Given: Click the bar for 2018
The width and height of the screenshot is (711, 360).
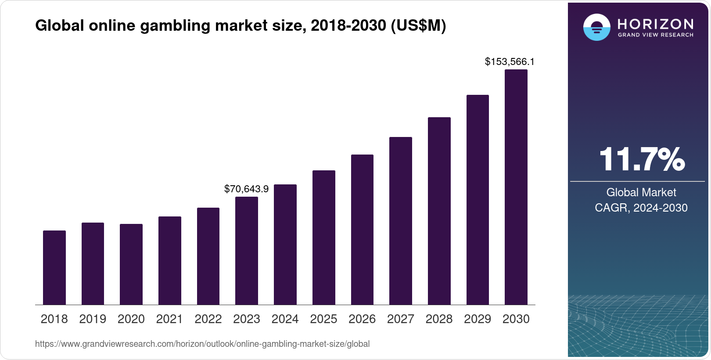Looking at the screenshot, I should tap(54, 267).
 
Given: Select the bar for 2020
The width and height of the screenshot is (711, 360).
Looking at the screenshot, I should tap(131, 264).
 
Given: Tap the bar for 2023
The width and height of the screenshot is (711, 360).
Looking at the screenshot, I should tap(247, 251).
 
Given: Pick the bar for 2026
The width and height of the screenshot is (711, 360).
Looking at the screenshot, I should tap(362, 230).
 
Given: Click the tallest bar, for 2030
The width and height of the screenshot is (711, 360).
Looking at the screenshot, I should tap(516, 187).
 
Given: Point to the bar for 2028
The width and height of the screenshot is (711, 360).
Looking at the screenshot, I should tap(439, 211).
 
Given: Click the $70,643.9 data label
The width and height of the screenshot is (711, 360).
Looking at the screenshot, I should tap(246, 189).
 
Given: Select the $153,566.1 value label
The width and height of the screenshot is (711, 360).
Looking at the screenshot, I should tap(510, 61).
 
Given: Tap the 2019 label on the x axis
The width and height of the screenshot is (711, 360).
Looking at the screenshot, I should tap(93, 319).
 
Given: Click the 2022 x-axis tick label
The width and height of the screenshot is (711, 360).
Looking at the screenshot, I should tap(208, 319).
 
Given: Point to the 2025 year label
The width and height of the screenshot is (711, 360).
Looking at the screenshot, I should tap(323, 319).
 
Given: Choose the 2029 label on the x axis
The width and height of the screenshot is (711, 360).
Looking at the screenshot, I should tap(478, 319).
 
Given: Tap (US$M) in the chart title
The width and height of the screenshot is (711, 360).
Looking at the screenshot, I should tap(418, 26).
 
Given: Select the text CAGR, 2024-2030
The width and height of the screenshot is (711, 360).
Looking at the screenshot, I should tap(641, 208).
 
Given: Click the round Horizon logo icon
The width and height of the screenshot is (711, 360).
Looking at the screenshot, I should tap(596, 27).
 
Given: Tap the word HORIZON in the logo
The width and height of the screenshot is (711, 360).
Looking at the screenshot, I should tap(656, 24).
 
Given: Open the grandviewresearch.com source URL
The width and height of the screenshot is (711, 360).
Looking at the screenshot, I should tap(202, 344).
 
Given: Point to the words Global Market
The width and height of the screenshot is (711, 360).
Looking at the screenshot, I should tap(641, 192).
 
